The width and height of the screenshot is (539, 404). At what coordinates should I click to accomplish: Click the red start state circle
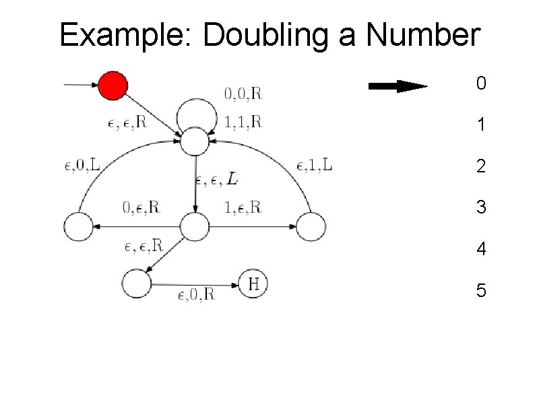pos(113,86)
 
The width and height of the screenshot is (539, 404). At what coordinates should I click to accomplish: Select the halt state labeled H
pos(253,284)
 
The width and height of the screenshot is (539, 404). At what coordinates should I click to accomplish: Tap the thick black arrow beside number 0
pos(398,86)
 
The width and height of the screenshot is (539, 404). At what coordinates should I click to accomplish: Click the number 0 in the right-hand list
pos(480,84)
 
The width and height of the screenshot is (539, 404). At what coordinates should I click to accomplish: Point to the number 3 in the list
pos(480,207)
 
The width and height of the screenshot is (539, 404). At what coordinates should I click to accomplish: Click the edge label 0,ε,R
pos(141,207)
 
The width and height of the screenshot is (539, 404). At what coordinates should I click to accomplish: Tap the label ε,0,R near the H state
pos(196,294)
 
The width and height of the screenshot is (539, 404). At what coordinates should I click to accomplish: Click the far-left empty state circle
pos(78,227)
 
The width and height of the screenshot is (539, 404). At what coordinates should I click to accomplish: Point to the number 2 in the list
pos(480,166)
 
